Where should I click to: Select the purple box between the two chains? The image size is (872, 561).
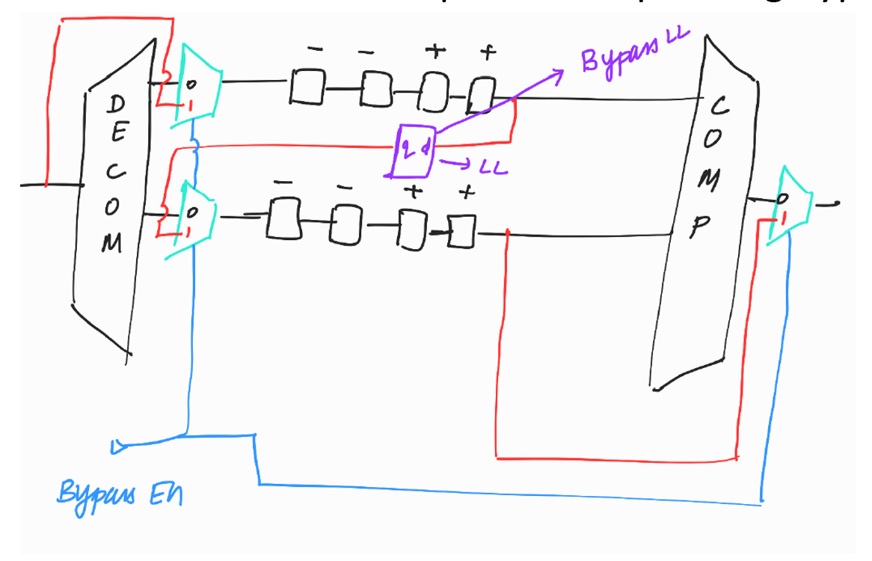(413, 150)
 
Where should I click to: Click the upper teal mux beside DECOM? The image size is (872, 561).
(195, 83)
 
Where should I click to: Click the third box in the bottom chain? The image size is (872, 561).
(410, 227)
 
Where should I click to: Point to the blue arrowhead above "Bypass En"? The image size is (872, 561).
(117, 447)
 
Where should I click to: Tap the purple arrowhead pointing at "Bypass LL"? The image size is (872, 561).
(556, 73)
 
